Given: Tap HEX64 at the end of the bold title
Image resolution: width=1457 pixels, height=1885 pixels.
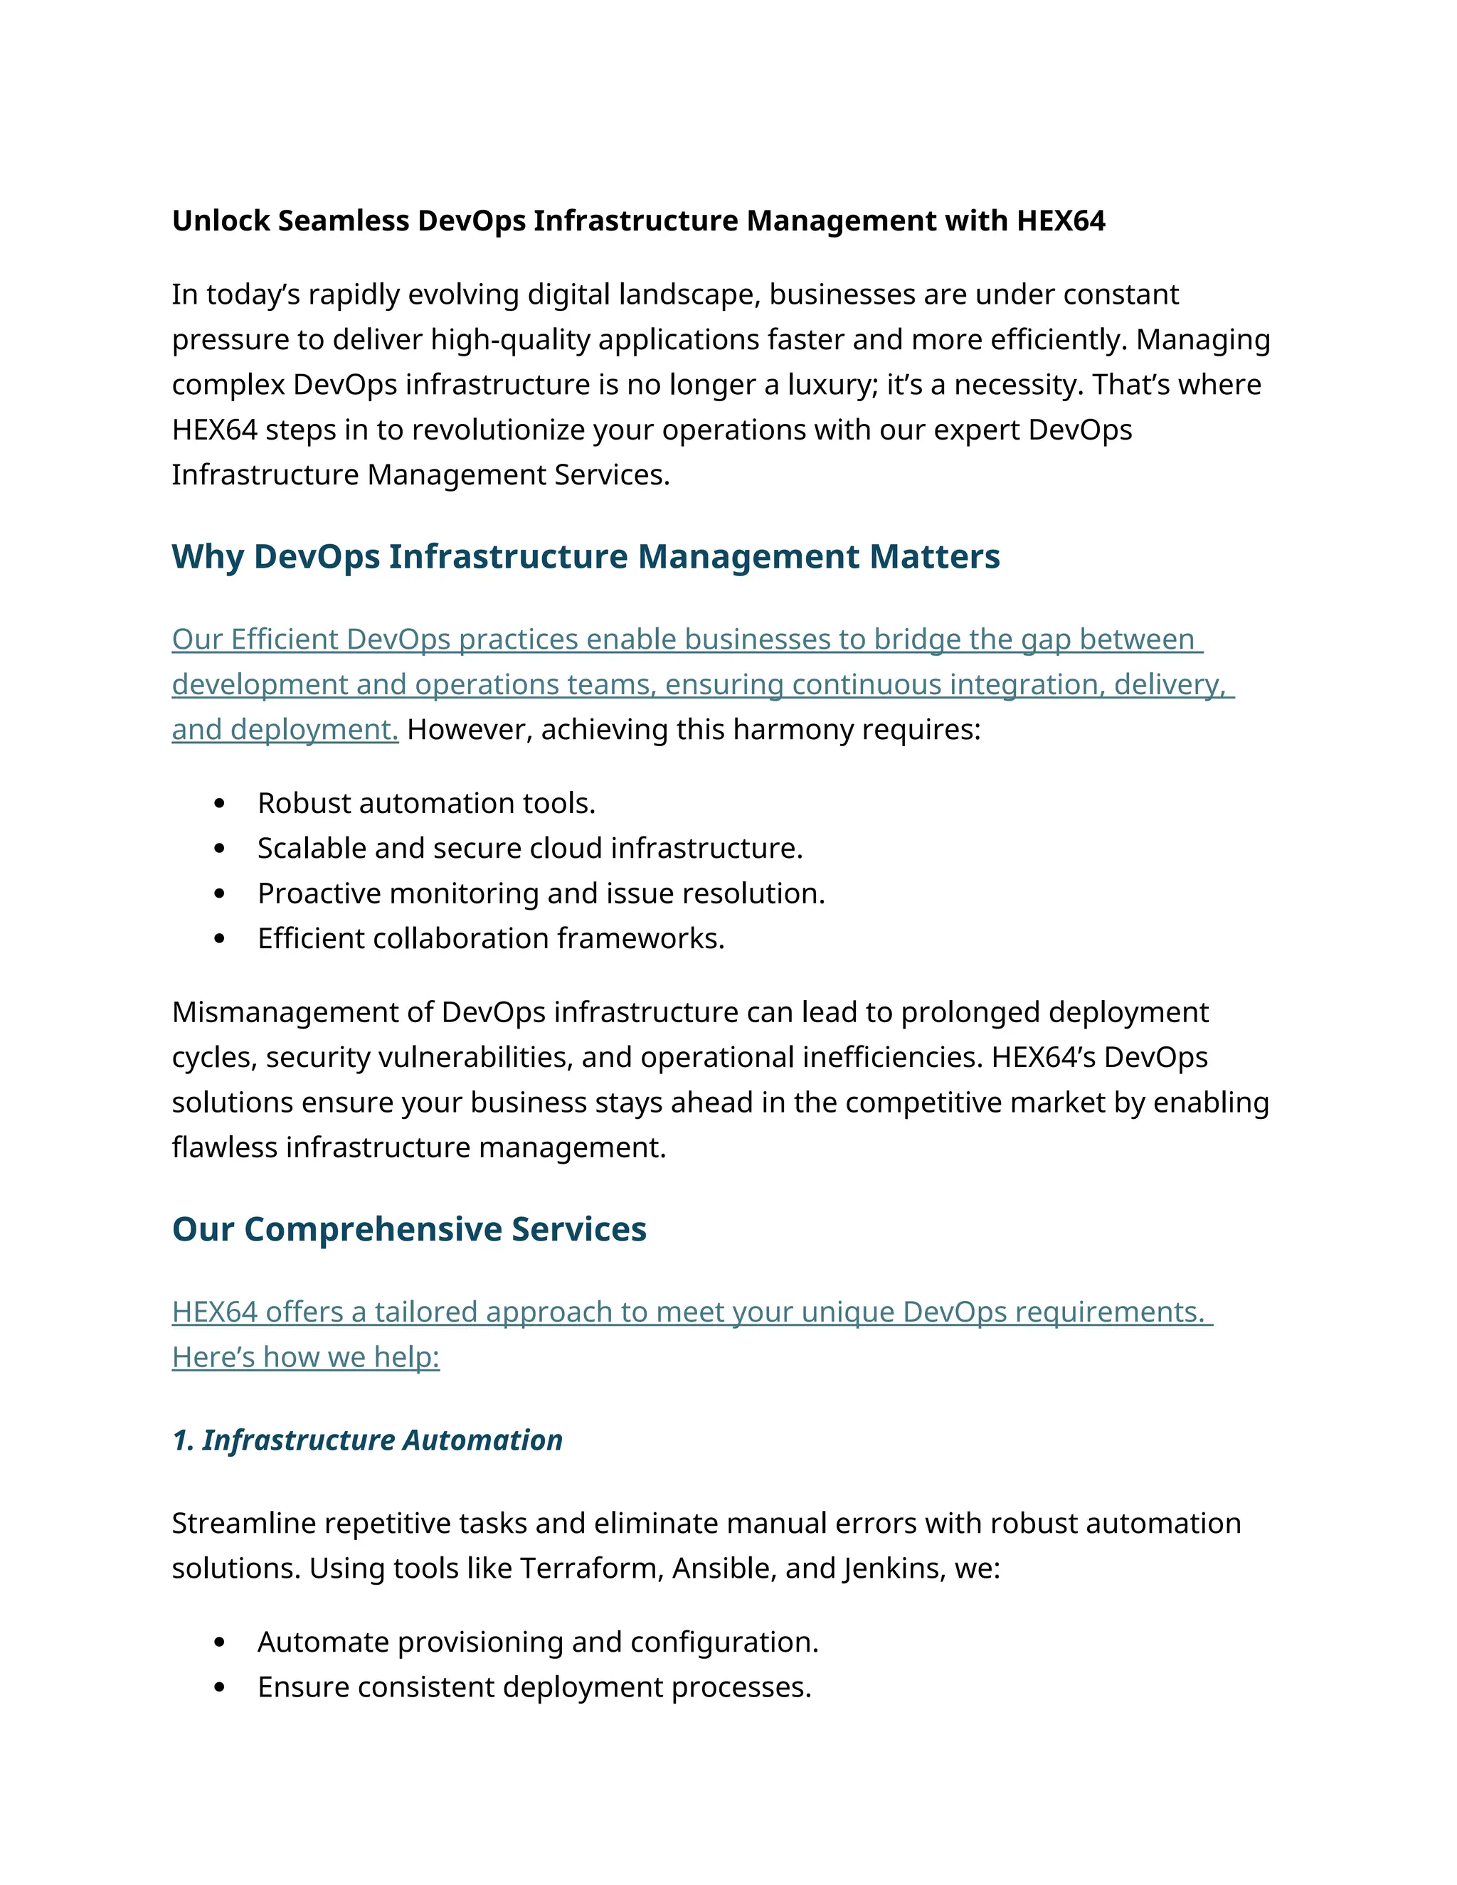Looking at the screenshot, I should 1061,221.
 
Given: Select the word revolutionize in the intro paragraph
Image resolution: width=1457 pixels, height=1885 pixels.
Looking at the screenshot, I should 501,430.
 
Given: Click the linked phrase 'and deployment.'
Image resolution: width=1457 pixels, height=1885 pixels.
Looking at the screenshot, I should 285,731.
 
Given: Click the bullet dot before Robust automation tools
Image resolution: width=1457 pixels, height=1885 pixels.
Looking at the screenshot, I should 219,805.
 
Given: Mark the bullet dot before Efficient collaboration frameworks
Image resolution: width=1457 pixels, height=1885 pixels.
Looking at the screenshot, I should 219,939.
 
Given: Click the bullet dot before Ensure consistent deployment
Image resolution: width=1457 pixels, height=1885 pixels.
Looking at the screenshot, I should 219,1688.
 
